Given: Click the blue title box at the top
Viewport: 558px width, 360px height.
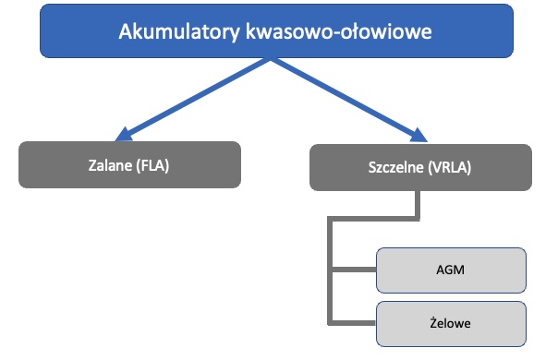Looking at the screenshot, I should (x=276, y=31).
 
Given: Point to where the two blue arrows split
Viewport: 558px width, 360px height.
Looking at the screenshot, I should (x=269, y=61).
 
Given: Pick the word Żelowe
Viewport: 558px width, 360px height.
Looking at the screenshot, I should (x=452, y=323).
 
